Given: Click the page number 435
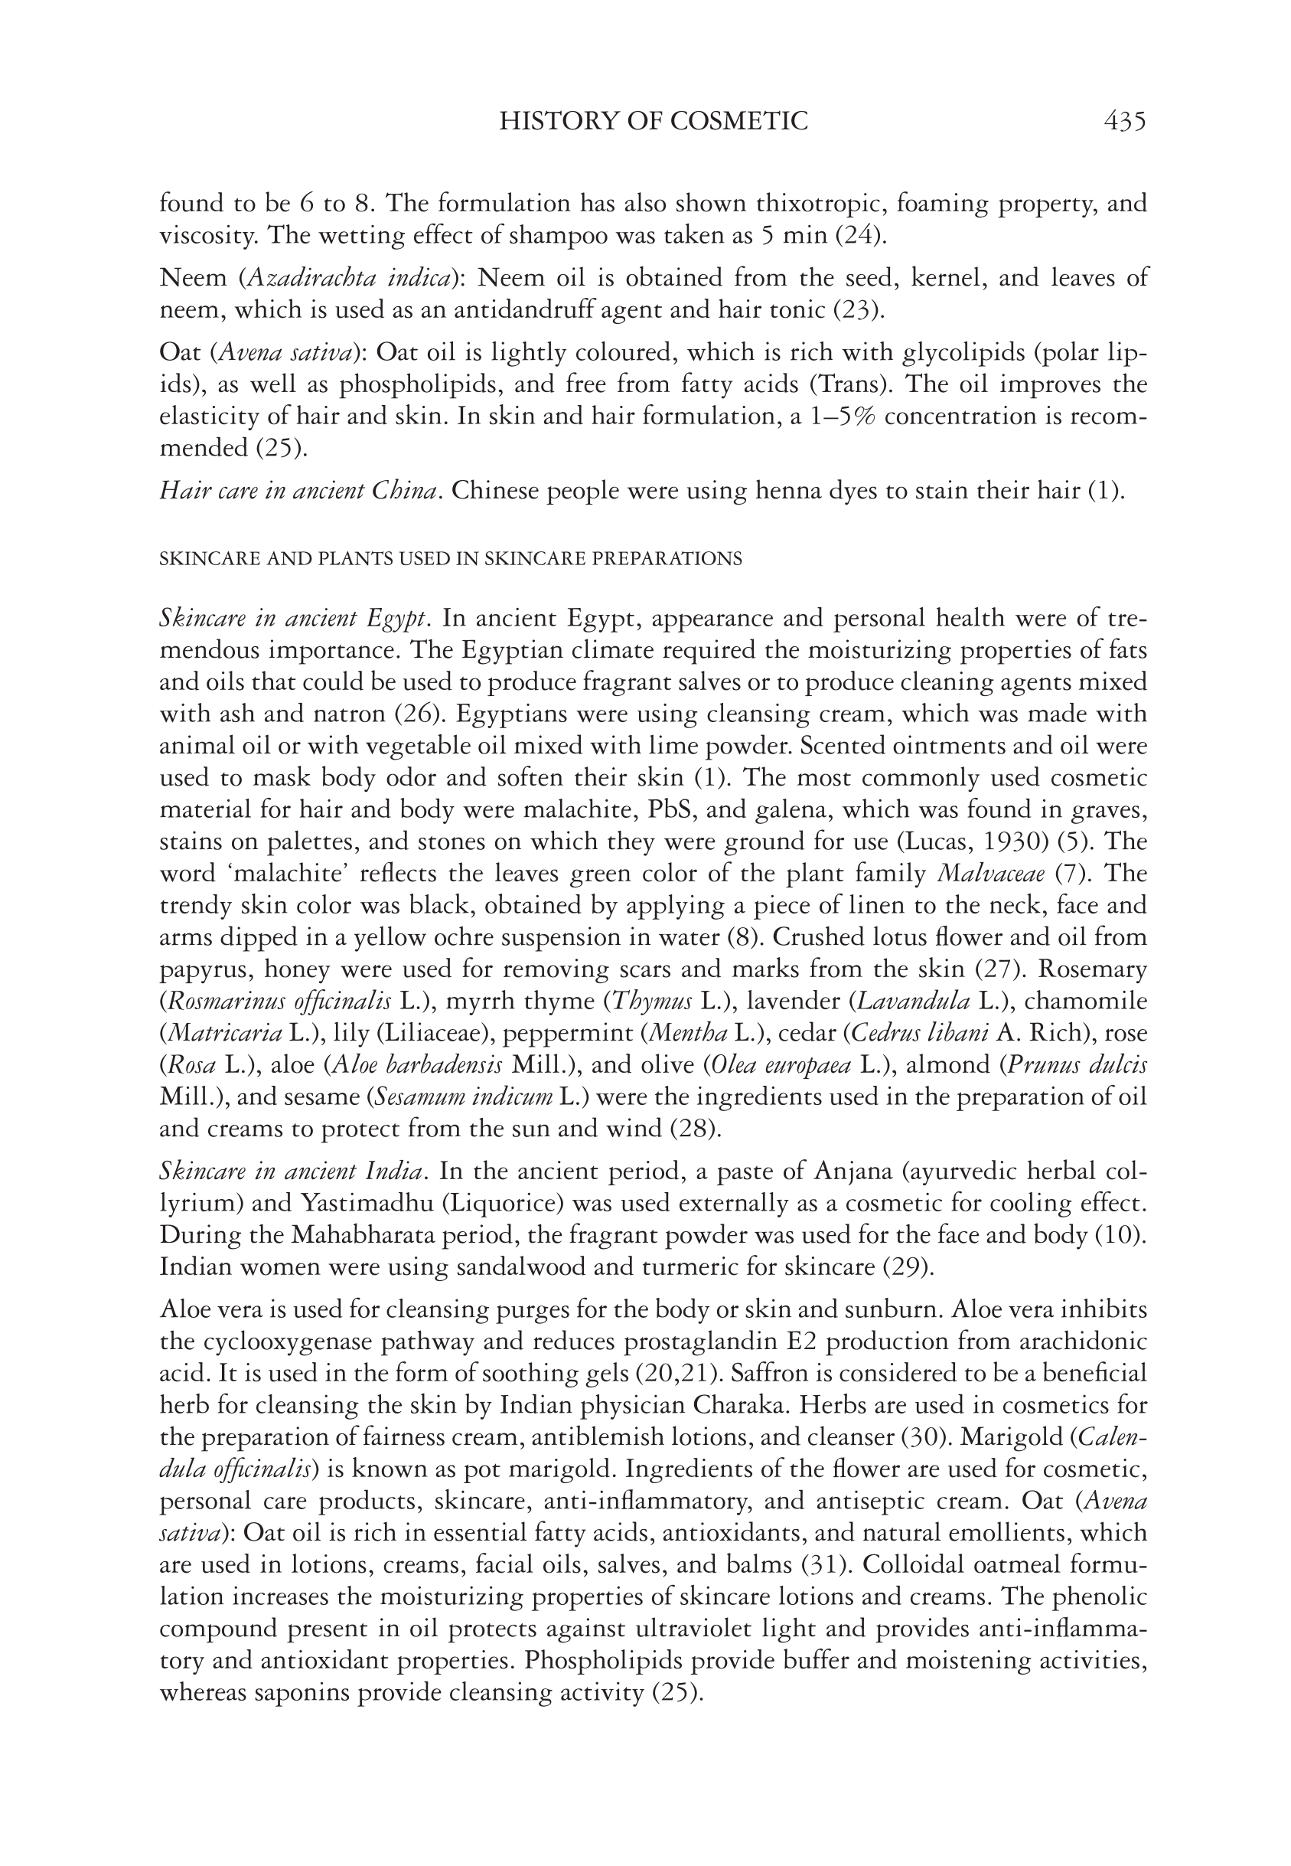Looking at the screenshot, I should click(1123, 122).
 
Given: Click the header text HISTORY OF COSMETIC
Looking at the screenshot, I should click(654, 122).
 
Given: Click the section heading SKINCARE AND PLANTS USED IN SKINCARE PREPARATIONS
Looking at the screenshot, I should click(451, 559).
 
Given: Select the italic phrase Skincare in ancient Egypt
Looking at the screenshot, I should click(293, 618).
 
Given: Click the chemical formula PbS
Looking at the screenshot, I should click(667, 810).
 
